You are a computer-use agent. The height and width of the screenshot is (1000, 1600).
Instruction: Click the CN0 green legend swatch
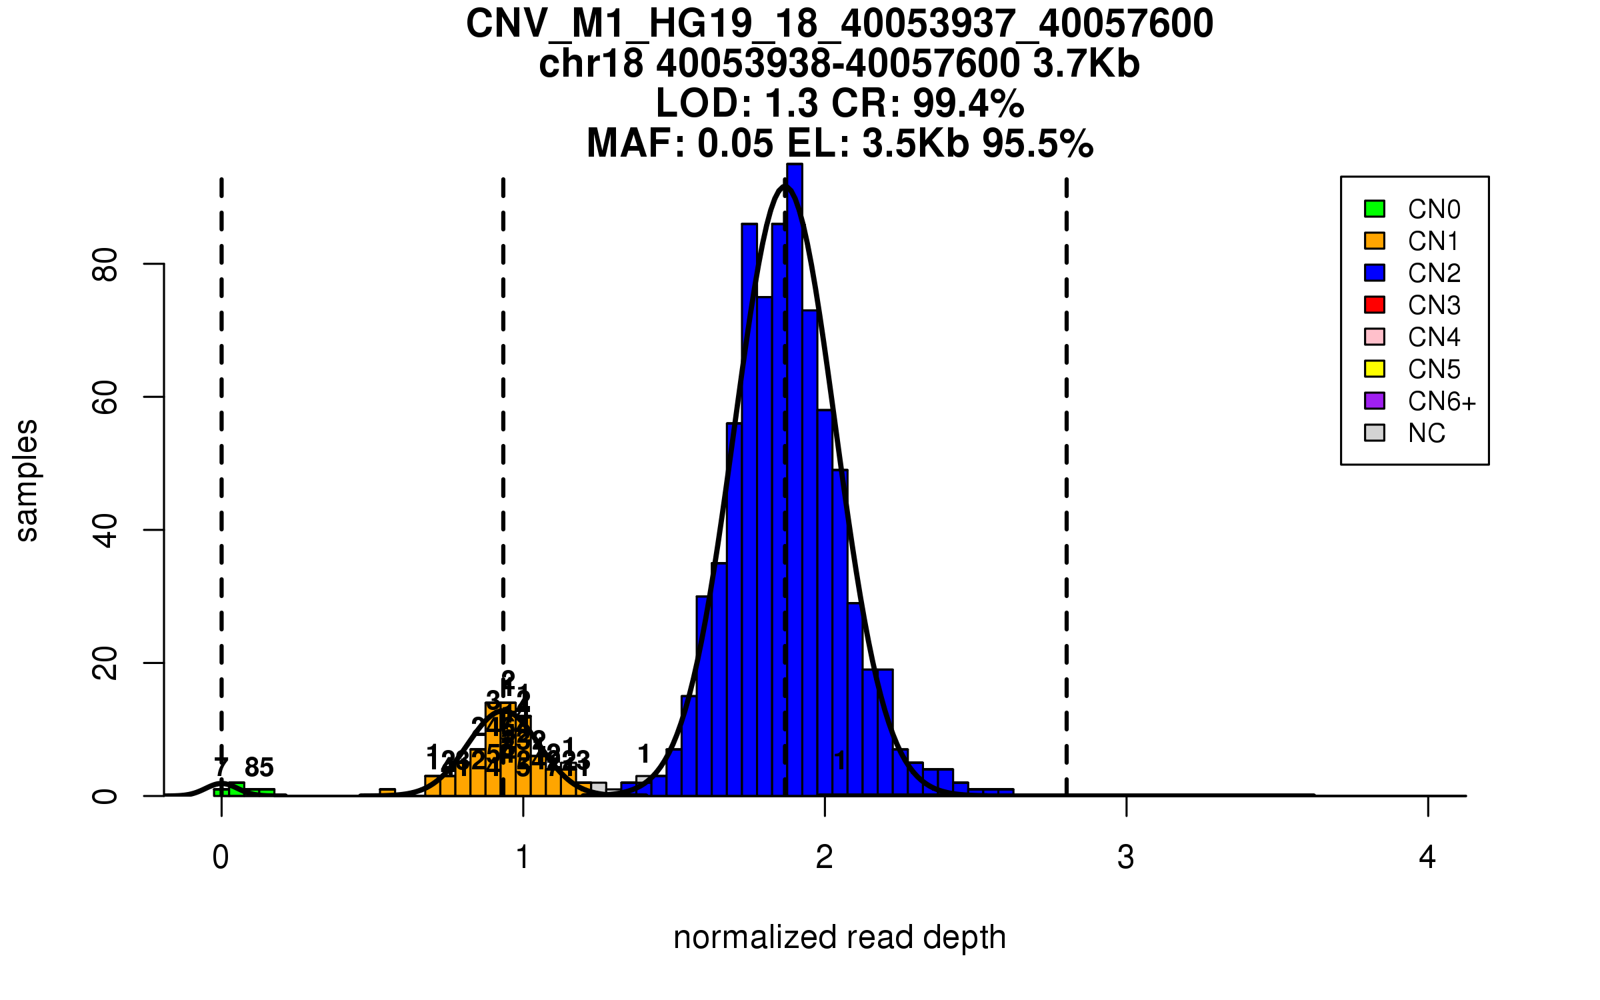tap(1375, 209)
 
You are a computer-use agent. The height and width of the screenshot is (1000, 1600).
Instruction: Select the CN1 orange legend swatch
tap(1375, 241)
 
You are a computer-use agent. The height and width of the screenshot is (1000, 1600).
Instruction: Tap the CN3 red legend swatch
tap(1375, 305)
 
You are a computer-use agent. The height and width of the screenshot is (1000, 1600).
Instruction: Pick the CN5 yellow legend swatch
tap(1375, 369)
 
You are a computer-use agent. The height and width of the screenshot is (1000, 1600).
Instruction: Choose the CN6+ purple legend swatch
tap(1375, 401)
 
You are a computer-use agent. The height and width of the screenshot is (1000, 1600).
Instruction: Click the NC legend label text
tap(1426, 433)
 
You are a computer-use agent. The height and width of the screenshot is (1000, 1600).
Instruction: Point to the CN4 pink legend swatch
tap(1375, 337)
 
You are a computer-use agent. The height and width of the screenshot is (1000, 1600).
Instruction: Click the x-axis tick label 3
tap(1126, 857)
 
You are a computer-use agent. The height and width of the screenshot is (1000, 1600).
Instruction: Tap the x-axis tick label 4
tap(1427, 857)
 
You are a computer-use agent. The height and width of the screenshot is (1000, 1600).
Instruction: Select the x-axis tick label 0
tap(221, 857)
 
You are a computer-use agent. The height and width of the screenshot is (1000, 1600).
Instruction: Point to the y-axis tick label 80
tap(105, 265)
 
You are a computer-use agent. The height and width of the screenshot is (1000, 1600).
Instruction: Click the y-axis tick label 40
tap(105, 531)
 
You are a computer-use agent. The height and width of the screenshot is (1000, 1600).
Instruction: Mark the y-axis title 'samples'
tap(27, 480)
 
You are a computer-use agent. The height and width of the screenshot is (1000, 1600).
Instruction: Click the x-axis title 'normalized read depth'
tap(839, 937)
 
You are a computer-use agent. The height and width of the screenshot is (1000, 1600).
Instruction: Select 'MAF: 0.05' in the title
tap(680, 143)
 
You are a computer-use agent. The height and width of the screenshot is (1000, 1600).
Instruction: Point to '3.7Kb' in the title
tap(1086, 64)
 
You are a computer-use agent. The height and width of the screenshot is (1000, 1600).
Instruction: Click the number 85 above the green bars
tap(259, 768)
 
